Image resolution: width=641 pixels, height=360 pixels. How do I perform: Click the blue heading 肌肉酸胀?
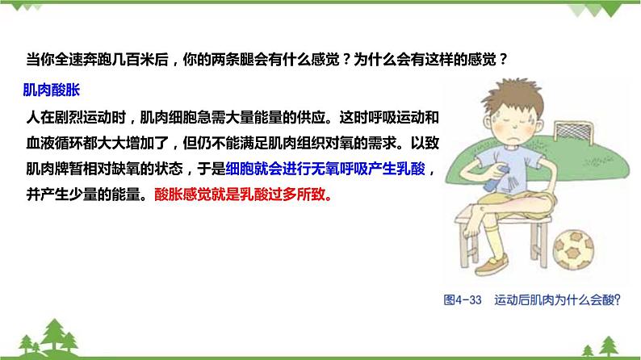click(x=52, y=89)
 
